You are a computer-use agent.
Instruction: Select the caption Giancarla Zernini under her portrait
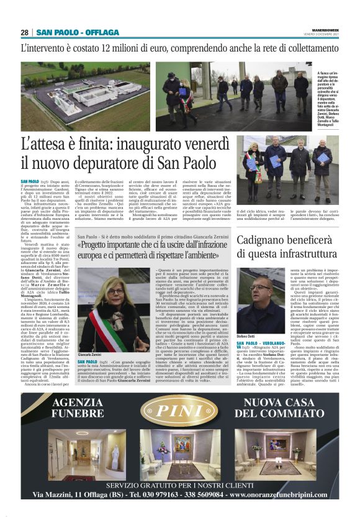coord(90,355)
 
